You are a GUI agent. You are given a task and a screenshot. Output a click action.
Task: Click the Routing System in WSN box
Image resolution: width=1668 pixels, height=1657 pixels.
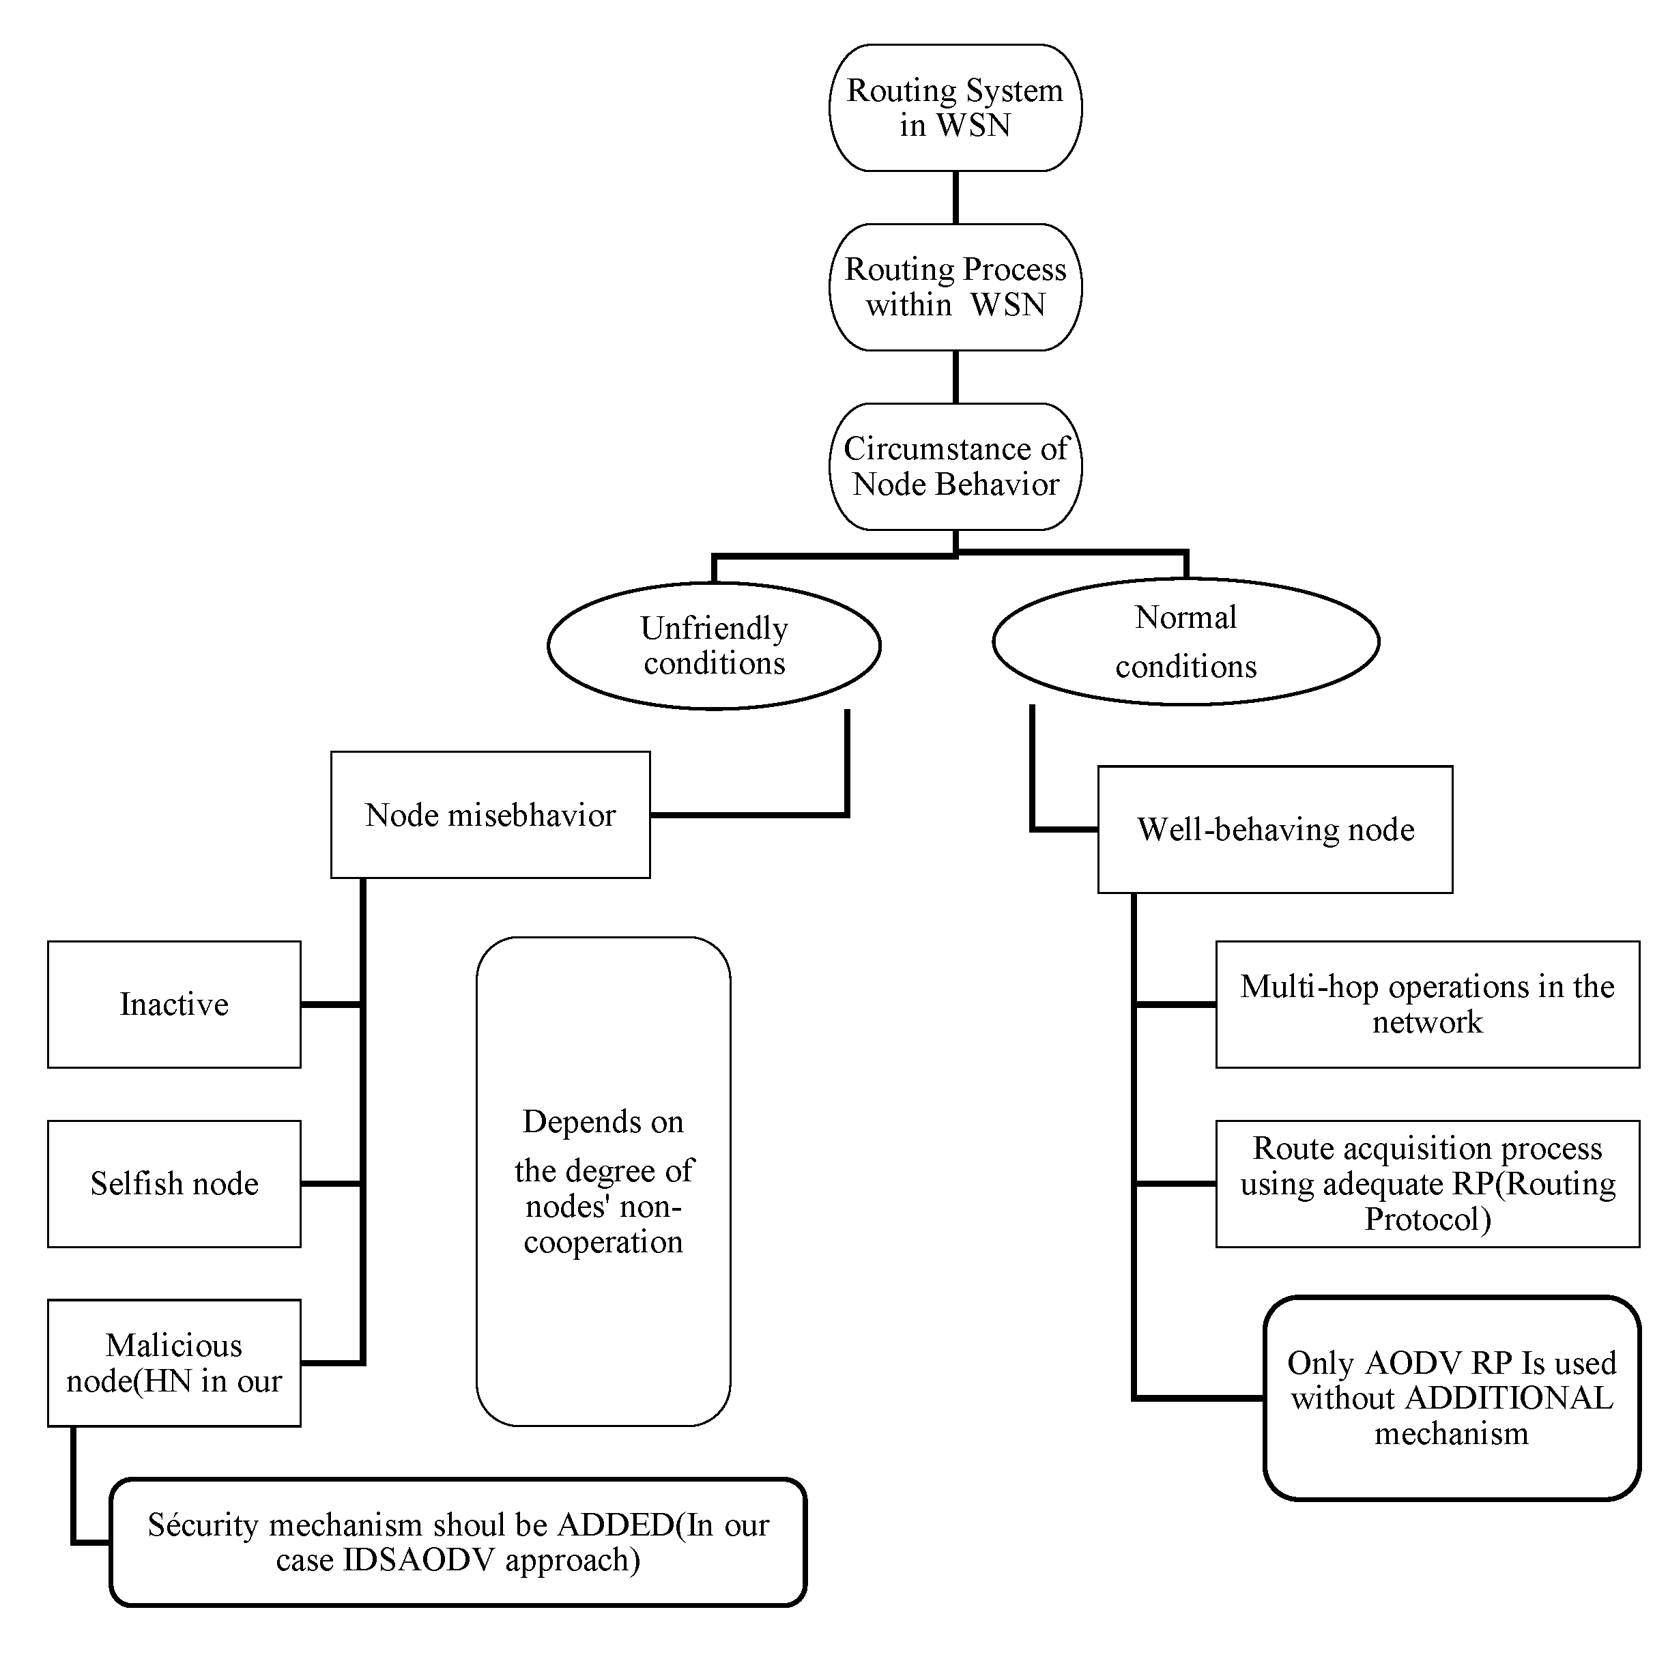(955, 108)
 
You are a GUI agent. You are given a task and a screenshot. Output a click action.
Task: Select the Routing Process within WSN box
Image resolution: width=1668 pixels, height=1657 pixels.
(955, 287)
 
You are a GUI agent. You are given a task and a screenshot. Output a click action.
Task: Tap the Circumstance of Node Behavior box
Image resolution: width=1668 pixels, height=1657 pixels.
(955, 466)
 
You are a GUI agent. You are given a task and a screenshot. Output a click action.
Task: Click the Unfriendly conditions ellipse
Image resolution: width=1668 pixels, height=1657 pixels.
(714, 646)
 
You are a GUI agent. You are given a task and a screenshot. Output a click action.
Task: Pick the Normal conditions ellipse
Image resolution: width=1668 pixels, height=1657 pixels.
(1185, 642)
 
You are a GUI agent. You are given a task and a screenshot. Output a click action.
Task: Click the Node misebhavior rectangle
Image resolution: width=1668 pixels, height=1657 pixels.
(491, 814)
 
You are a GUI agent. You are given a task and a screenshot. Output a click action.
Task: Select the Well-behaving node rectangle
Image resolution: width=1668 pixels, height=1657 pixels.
(1274, 829)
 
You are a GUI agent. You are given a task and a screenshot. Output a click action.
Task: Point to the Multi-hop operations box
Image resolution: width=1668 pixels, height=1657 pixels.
(1427, 1004)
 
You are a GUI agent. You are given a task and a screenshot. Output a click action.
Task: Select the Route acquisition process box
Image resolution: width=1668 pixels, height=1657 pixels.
(1427, 1183)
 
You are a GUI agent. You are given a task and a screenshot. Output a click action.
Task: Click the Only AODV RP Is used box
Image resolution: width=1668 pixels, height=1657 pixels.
(1451, 1397)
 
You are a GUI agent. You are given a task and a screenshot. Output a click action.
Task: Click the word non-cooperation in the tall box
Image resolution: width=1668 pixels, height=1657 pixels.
(603, 1224)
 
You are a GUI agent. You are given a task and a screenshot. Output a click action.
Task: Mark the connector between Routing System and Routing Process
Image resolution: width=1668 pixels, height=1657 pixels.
(955, 198)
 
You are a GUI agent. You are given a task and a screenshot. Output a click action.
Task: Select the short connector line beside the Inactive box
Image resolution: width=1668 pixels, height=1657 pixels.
(330, 1004)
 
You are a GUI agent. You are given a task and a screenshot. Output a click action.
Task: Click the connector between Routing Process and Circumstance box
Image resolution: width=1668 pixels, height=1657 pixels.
(955, 377)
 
